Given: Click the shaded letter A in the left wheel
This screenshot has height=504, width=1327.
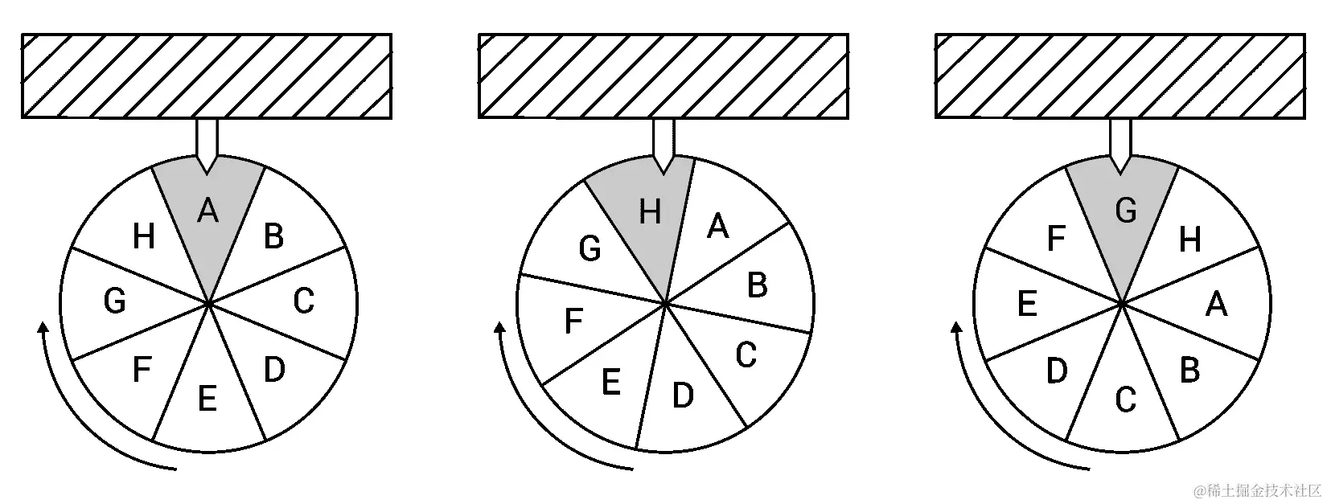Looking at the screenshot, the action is click(207, 211).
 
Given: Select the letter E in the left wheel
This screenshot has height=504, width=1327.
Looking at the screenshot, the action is click(207, 398).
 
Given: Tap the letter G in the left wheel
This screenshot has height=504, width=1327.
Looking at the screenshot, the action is click(115, 301).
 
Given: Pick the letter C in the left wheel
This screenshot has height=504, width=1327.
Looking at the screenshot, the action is click(303, 301).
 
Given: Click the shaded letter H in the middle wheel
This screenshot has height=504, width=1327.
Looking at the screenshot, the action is click(650, 213).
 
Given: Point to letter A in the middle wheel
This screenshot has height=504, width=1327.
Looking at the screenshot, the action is click(718, 227).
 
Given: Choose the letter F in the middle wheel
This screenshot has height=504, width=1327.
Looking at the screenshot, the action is click(573, 321).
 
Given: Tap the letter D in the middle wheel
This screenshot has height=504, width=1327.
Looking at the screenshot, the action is click(682, 395).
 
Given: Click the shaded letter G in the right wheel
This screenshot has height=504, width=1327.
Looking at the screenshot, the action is click(1126, 211).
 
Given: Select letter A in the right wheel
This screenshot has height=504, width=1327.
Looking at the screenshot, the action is click(1217, 305).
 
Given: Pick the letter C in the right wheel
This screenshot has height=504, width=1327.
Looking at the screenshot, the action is click(1126, 399).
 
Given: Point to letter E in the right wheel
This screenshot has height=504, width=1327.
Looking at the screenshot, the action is click(1027, 305).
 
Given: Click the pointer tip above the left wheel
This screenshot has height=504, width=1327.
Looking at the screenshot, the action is click(207, 170).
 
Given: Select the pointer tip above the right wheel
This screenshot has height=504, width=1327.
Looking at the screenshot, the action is click(1120, 170).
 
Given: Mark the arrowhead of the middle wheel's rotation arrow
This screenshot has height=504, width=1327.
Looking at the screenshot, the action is click(500, 327).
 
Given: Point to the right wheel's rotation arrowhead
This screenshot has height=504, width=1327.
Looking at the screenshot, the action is click(957, 327).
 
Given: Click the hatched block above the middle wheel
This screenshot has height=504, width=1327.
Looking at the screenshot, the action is click(663, 76).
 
